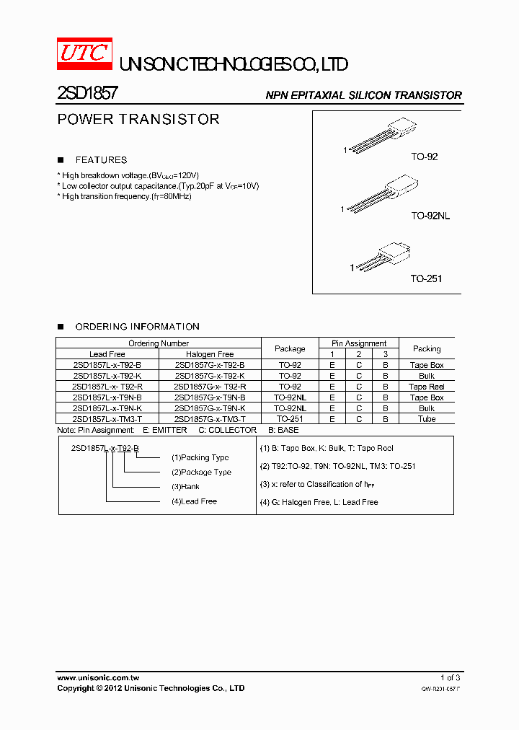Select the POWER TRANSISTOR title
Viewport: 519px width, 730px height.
(x=138, y=120)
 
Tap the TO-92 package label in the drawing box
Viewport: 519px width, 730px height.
(x=425, y=157)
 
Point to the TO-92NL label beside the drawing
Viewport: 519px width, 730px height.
(x=430, y=216)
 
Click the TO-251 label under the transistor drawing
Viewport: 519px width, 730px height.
(x=426, y=278)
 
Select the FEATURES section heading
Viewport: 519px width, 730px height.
(x=101, y=160)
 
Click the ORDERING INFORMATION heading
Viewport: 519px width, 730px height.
(x=137, y=327)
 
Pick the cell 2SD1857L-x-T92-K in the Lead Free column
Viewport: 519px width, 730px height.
(x=107, y=376)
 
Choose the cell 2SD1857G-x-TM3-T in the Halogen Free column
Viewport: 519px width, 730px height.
(x=210, y=419)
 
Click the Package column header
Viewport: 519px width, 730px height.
(x=290, y=348)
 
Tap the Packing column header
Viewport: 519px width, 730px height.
(x=427, y=348)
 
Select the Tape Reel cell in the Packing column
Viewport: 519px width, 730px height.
(x=427, y=387)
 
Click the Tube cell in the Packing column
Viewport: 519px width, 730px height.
(x=427, y=419)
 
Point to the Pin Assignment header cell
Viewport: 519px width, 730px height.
(x=359, y=343)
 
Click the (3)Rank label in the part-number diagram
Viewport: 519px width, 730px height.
(x=186, y=487)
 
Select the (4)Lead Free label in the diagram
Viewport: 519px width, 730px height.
(x=194, y=501)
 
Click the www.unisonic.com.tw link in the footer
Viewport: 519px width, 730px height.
(x=98, y=678)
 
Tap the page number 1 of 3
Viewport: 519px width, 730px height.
(x=450, y=678)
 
